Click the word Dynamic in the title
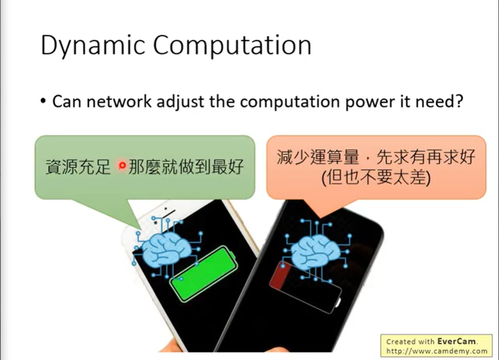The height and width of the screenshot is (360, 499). (x=93, y=46)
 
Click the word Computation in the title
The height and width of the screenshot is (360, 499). (x=232, y=46)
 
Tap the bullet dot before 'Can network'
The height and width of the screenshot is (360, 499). (x=43, y=101)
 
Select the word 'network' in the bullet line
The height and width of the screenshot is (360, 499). (x=119, y=101)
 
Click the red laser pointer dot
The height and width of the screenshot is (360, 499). (x=122, y=165)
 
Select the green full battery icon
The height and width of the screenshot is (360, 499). (x=203, y=274)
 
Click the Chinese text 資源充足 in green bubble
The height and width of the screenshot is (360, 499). (x=78, y=166)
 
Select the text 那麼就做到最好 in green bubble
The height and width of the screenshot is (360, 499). (x=186, y=166)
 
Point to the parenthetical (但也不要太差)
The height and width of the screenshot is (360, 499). (x=376, y=178)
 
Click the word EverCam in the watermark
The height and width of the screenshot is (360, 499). (x=457, y=341)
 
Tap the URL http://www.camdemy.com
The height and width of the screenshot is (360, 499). (x=437, y=351)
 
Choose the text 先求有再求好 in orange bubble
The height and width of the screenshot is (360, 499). (x=426, y=157)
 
